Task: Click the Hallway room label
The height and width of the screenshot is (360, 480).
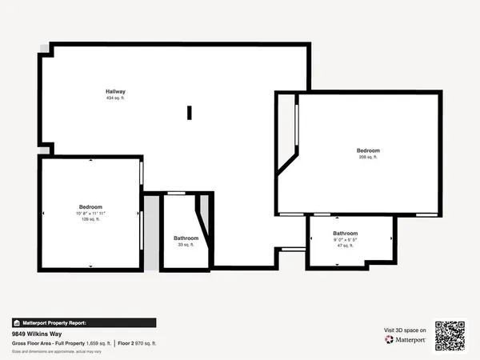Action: click(x=115, y=91)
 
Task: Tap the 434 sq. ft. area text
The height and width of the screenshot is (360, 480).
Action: click(x=115, y=98)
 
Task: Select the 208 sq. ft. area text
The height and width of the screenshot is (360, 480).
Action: click(x=368, y=158)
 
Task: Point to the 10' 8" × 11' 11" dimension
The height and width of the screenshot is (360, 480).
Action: click(x=90, y=214)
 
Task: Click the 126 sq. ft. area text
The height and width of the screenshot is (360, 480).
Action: click(x=90, y=220)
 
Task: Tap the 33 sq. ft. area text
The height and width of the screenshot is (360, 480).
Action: click(x=186, y=245)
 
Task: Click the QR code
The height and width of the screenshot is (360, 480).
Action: click(x=450, y=335)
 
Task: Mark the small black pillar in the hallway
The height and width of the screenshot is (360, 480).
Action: click(x=190, y=113)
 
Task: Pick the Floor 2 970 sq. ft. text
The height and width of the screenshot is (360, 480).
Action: click(x=142, y=342)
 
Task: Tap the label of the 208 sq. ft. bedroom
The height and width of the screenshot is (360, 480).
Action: click(x=368, y=150)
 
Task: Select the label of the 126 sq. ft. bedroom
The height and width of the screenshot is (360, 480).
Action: click(x=90, y=206)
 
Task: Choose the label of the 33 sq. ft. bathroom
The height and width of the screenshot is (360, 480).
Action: click(x=186, y=238)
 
